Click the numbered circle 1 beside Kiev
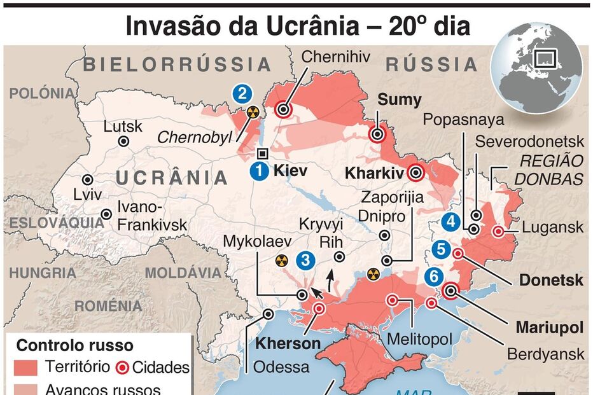(259, 170)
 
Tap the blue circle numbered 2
(241, 94)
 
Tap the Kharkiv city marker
(417, 172)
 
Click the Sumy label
(400, 100)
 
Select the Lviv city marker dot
(87, 180)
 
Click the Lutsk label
(123, 126)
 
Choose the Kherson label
(288, 344)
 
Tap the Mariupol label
(550, 328)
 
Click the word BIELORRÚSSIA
(178, 64)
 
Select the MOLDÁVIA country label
(184, 274)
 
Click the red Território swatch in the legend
(27, 368)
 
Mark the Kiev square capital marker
(262, 153)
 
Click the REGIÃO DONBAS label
(548, 170)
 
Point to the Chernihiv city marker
(283, 110)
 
